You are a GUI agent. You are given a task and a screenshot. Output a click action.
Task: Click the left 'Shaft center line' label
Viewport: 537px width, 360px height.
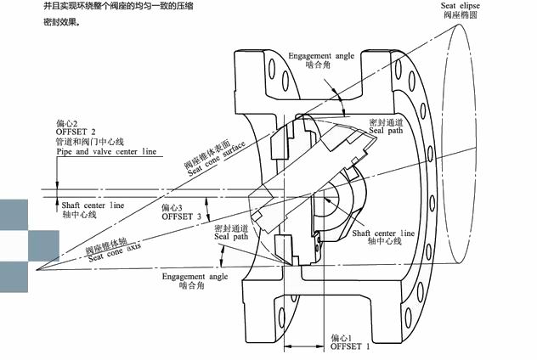93,205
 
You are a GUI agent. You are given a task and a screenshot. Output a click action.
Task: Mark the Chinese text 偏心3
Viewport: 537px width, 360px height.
172,207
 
